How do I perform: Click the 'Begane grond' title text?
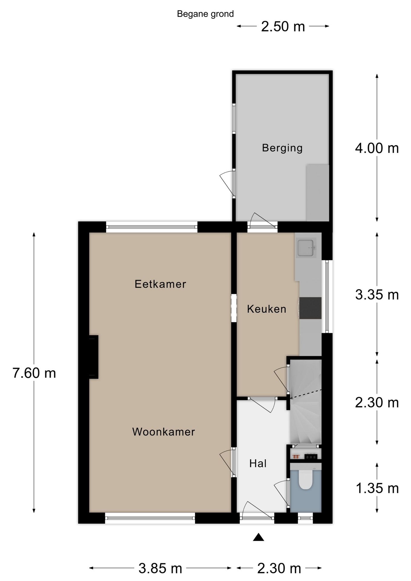[x=205, y=14]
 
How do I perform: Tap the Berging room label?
[x=282, y=148]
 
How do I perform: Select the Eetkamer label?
[x=160, y=284]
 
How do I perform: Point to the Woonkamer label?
[x=163, y=432]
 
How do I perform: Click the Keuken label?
[x=266, y=309]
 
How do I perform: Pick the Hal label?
[x=258, y=464]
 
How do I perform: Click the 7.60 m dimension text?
[x=34, y=373]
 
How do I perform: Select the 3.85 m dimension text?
[x=160, y=568]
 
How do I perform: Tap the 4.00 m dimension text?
[x=377, y=148]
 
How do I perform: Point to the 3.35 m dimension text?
[x=377, y=295]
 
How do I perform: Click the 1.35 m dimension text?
[x=377, y=488]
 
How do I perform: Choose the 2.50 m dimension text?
[x=283, y=27]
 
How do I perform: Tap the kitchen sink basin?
[x=306, y=248]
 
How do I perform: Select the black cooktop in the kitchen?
[x=311, y=308]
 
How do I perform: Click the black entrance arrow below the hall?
[x=258, y=537]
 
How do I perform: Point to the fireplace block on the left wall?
[x=94, y=357]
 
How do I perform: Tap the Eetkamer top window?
[x=152, y=227]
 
